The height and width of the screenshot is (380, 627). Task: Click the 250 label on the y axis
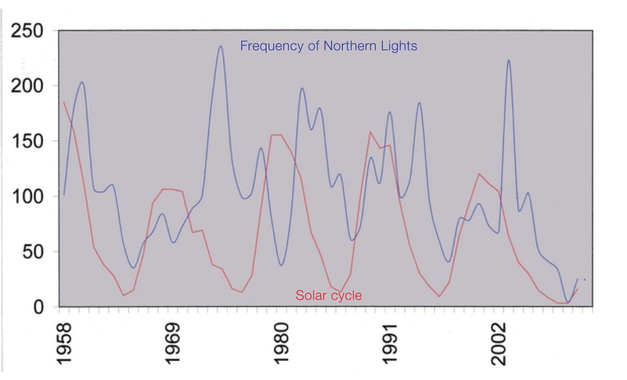pyautogui.click(x=27, y=31)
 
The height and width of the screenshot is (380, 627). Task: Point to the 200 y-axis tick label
pyautogui.click(x=27, y=86)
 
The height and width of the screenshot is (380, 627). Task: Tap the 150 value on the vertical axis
pyautogui.click(x=27, y=141)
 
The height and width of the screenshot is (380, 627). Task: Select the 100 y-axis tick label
pyautogui.click(x=27, y=196)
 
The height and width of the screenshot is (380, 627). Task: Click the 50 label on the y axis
pyautogui.click(x=33, y=252)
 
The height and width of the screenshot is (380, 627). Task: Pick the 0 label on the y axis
pyautogui.click(x=38, y=307)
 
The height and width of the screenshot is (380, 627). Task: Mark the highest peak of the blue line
pyautogui.click(x=220, y=46)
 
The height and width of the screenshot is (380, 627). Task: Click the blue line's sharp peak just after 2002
pyautogui.click(x=508, y=60)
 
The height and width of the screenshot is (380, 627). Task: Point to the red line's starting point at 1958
pyautogui.click(x=64, y=102)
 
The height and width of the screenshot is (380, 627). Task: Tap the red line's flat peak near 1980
pyautogui.click(x=276, y=135)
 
